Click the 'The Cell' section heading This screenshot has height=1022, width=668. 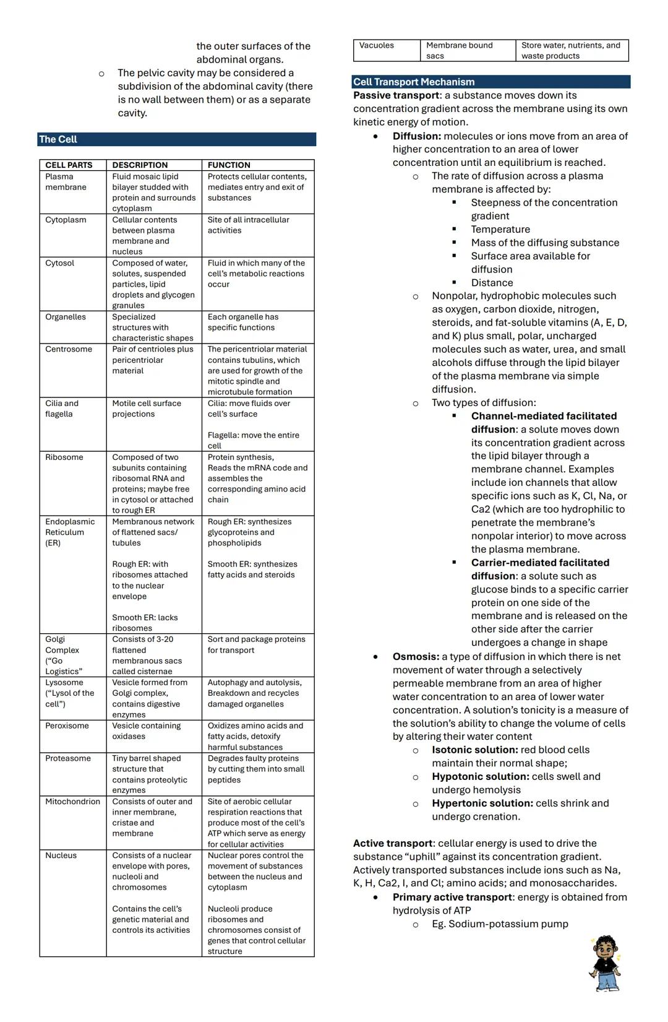click(58, 139)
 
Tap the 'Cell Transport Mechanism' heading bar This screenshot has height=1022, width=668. click(414, 82)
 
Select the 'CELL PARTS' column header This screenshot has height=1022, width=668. click(69, 165)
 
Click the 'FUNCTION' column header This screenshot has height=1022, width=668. click(229, 165)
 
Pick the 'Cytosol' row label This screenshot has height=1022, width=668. click(59, 263)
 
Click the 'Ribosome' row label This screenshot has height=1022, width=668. click(64, 457)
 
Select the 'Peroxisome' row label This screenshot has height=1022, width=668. click(67, 726)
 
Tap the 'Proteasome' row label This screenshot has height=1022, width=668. click(68, 758)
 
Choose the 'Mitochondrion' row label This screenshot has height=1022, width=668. click(72, 802)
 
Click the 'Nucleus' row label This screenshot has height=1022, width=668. click(61, 855)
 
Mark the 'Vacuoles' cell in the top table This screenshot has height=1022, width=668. click(377, 45)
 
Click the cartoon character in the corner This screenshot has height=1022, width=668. click(604, 963)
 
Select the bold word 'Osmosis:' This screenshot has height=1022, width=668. click(416, 657)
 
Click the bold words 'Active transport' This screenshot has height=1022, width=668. click(393, 843)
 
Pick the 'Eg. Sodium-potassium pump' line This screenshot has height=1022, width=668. click(500, 924)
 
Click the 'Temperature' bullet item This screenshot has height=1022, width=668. click(500, 230)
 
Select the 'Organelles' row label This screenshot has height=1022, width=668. click(66, 317)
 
